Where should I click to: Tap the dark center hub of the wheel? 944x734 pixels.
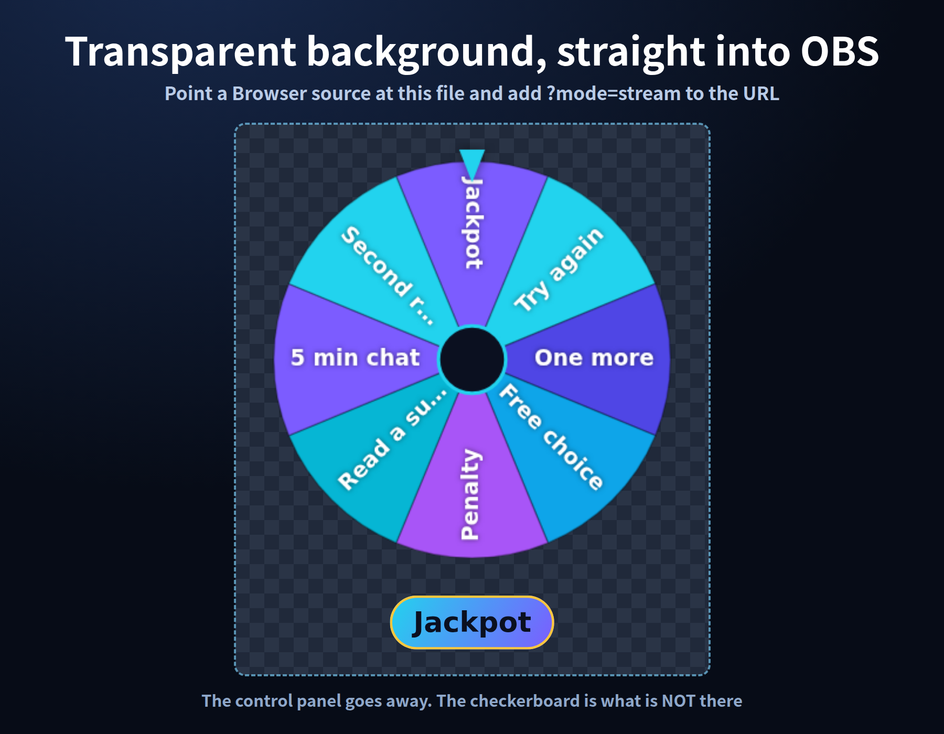472,359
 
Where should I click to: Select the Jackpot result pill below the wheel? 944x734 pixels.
472,622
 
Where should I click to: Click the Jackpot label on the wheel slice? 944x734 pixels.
473,222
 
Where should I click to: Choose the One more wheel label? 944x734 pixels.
594,358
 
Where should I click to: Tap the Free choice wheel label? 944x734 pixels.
551,436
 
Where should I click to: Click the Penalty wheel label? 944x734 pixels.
470,494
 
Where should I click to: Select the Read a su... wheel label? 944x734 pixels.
393,439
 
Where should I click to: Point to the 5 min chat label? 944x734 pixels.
355,358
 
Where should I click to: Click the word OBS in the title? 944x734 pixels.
840,51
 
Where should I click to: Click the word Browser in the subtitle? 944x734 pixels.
270,93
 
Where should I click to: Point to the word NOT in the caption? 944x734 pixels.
679,701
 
